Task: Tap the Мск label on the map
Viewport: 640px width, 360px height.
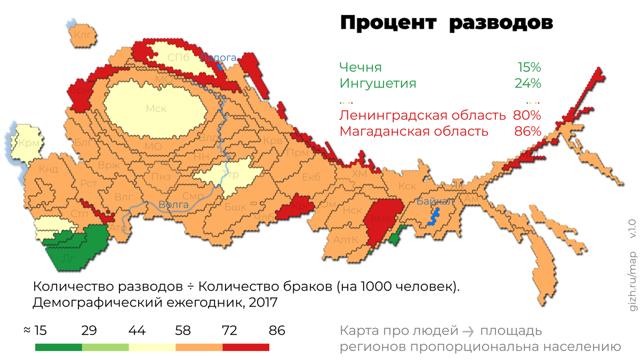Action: click(x=156, y=109)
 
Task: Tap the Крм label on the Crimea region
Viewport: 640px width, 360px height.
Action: click(x=28, y=143)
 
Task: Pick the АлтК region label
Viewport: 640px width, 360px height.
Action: click(x=346, y=240)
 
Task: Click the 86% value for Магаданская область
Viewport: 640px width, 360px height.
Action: click(x=527, y=131)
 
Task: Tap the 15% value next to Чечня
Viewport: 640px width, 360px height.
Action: click(x=529, y=68)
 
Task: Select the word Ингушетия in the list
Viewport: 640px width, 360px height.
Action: click(x=378, y=84)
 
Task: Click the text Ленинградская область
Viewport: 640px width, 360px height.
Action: click(x=422, y=115)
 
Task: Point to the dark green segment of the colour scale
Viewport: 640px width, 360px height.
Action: click(x=58, y=347)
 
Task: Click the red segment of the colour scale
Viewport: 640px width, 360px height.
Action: click(x=246, y=347)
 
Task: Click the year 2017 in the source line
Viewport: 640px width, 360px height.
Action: click(x=248, y=302)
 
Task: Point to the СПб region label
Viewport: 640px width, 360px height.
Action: click(x=178, y=58)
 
